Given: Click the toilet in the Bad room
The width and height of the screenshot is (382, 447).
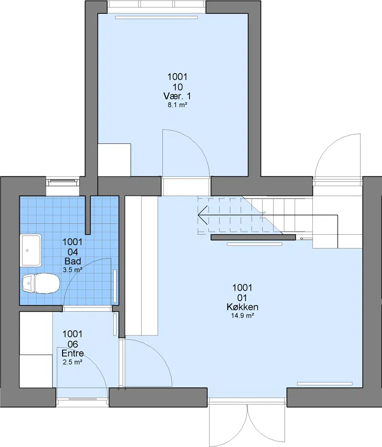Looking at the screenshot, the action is (x=41, y=283).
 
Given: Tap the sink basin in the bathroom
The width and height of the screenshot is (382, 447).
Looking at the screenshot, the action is (x=31, y=251).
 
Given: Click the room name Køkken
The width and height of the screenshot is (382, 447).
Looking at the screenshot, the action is (x=243, y=307).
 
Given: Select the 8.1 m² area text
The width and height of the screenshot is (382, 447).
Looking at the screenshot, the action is (x=177, y=105).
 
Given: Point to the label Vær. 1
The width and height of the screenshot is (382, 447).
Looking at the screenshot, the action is (x=177, y=96).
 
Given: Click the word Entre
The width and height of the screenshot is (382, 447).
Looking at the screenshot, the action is (x=73, y=353).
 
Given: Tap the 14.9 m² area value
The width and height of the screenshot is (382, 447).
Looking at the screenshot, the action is (x=243, y=316).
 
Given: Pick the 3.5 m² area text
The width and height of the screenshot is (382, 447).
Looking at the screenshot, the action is (x=73, y=270).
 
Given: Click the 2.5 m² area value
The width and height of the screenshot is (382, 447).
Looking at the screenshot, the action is (x=73, y=362).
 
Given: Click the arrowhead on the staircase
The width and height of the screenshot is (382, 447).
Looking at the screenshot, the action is (x=202, y=215).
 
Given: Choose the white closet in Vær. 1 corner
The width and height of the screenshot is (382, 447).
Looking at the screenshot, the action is (x=114, y=160).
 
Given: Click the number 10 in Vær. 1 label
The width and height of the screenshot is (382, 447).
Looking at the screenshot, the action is (x=177, y=87).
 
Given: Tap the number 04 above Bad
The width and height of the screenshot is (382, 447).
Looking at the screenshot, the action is (x=73, y=252).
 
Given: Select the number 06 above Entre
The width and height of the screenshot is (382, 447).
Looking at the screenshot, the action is (x=73, y=344).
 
